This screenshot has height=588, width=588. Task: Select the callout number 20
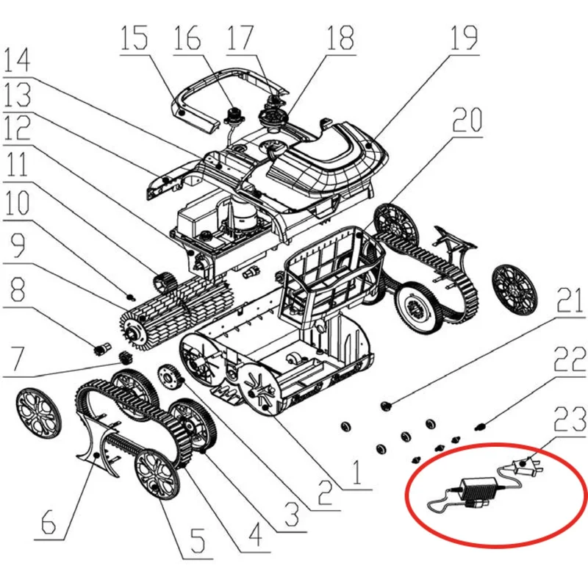coord(467,119)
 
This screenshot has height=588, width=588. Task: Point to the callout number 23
coord(570,419)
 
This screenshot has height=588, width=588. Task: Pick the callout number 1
coord(356,473)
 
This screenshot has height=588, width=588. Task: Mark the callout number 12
coord(17,127)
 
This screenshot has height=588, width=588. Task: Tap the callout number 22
coord(570,359)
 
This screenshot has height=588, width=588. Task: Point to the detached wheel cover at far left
coord(38,412)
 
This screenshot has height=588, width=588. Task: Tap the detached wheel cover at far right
coord(514,289)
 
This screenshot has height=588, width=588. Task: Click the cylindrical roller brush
coord(176,309)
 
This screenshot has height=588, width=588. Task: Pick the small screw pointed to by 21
coord(386,406)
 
